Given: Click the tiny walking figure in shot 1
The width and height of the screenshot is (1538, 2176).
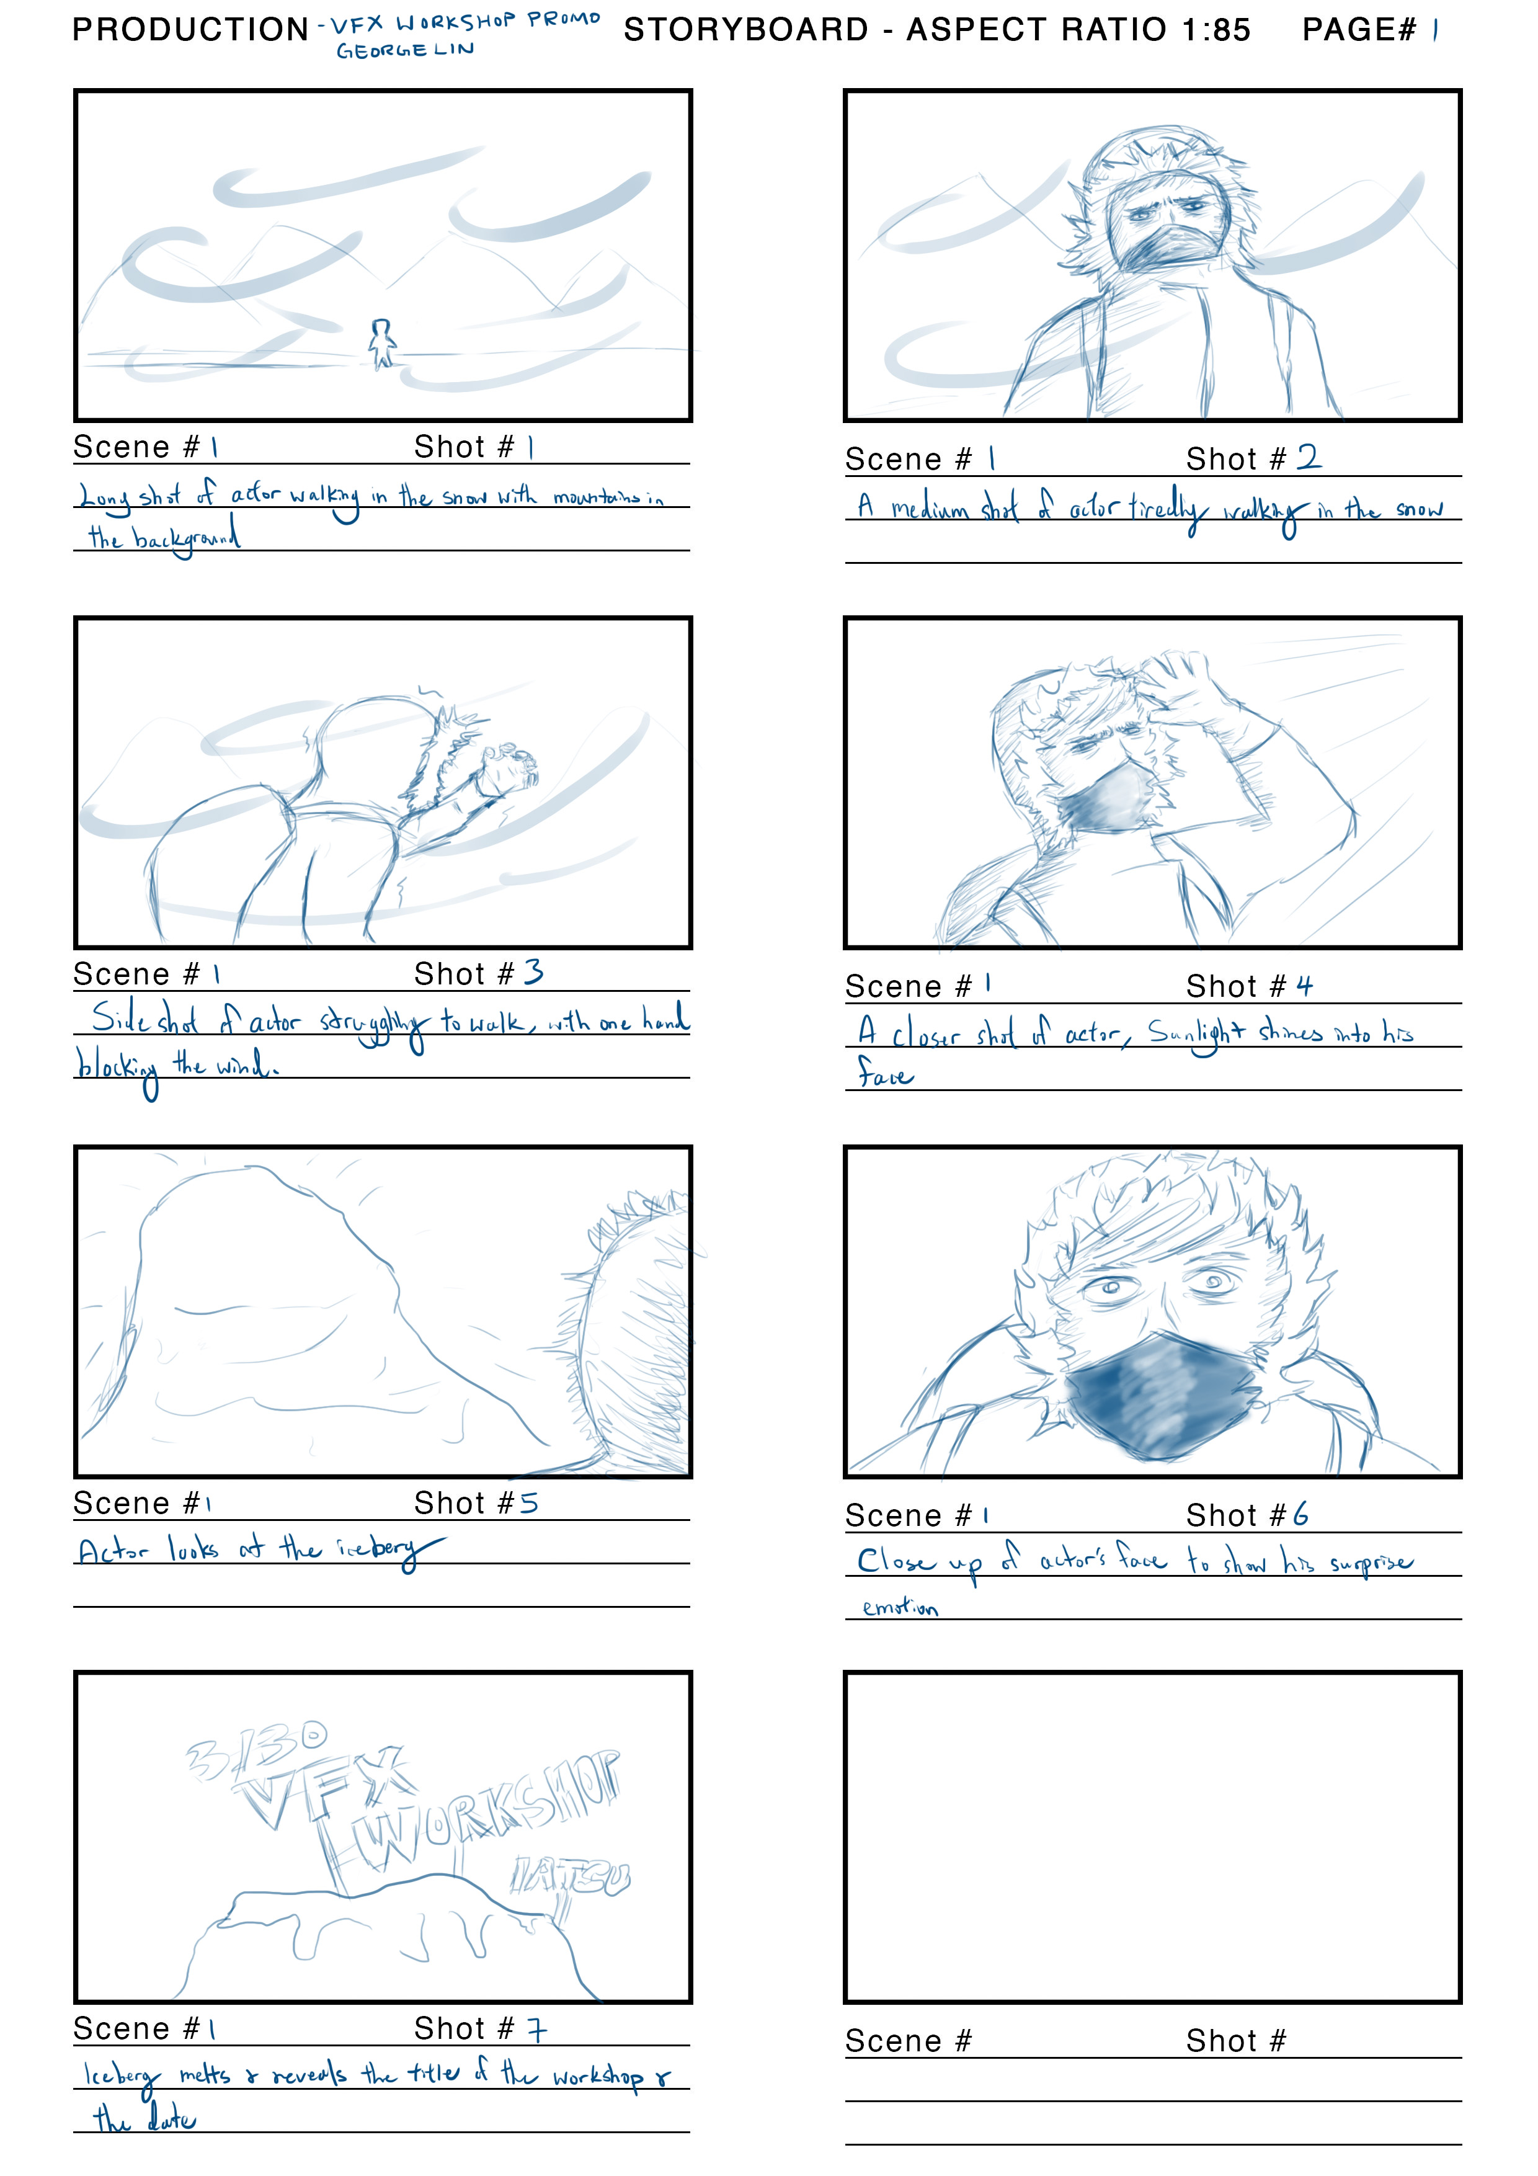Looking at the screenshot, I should [x=381, y=343].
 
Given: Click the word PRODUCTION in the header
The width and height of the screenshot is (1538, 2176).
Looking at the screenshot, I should [x=190, y=30].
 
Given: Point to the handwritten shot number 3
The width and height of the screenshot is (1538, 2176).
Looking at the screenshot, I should [x=533, y=973].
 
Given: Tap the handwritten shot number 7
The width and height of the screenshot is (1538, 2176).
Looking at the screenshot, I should [x=536, y=2029].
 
